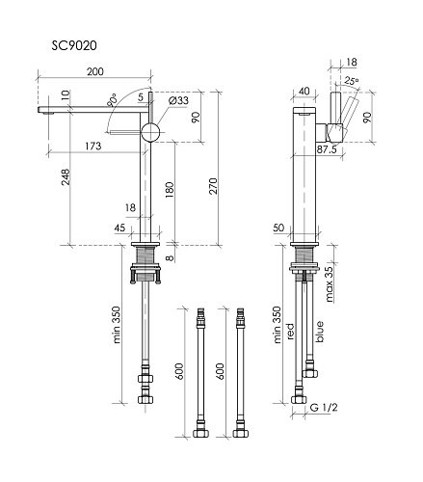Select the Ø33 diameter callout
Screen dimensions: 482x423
[179, 101]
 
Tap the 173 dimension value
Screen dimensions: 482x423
[94, 146]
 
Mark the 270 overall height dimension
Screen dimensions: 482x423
[227, 190]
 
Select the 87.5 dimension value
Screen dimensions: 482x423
[327, 149]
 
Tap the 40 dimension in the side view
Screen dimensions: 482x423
[304, 92]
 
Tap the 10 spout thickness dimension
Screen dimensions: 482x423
[65, 96]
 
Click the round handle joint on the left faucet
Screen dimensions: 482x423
[151, 132]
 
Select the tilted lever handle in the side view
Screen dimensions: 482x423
[347, 114]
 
